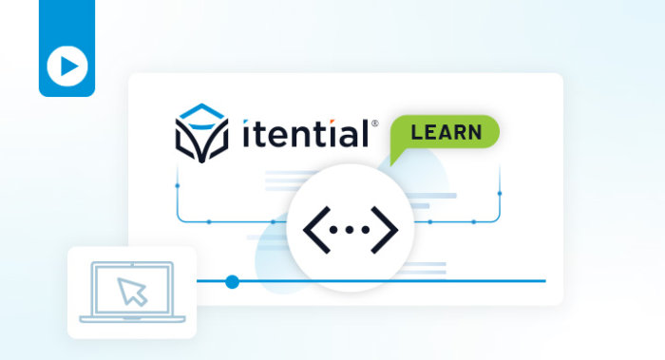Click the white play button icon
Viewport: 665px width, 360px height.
click(67, 66)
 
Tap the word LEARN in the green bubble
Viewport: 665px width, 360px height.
click(446, 132)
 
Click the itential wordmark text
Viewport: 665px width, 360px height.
click(305, 133)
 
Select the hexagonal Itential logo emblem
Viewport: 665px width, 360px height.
click(201, 133)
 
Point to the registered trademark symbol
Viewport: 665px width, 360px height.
click(375, 123)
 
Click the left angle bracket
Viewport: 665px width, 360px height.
click(316, 230)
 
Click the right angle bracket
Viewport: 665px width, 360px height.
click(385, 230)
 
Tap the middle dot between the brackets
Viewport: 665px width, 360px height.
click(350, 230)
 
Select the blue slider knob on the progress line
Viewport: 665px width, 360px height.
click(232, 281)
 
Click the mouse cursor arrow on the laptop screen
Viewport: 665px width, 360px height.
click(131, 292)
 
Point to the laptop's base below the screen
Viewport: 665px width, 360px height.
click(132, 319)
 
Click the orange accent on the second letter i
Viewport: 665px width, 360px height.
click(332, 123)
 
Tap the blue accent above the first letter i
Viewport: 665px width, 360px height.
click(245, 123)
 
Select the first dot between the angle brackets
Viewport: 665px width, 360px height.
click(333, 230)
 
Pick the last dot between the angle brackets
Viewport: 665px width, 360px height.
click(365, 230)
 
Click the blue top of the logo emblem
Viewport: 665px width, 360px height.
click(201, 112)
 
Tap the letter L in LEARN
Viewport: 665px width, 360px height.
click(416, 132)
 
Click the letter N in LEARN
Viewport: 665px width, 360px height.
click(475, 132)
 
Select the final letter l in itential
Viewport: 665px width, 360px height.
click(365, 133)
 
